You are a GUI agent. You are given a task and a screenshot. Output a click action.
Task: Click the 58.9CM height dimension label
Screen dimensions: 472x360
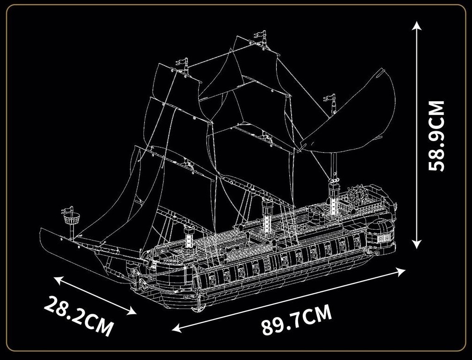click(437, 135)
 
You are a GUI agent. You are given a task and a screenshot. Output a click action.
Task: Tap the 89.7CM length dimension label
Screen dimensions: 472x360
click(296, 320)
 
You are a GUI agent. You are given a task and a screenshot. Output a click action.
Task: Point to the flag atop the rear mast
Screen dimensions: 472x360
click(330, 98)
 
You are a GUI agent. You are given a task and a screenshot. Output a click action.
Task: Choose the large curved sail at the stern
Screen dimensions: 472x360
click(355, 117)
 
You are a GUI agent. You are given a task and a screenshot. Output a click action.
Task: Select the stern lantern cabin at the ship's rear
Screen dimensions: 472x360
click(382, 233)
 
